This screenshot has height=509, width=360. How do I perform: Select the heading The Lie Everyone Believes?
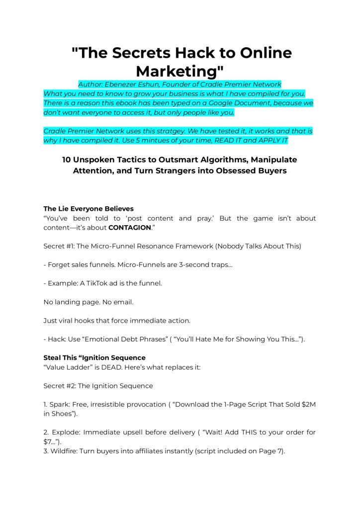(89, 209)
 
